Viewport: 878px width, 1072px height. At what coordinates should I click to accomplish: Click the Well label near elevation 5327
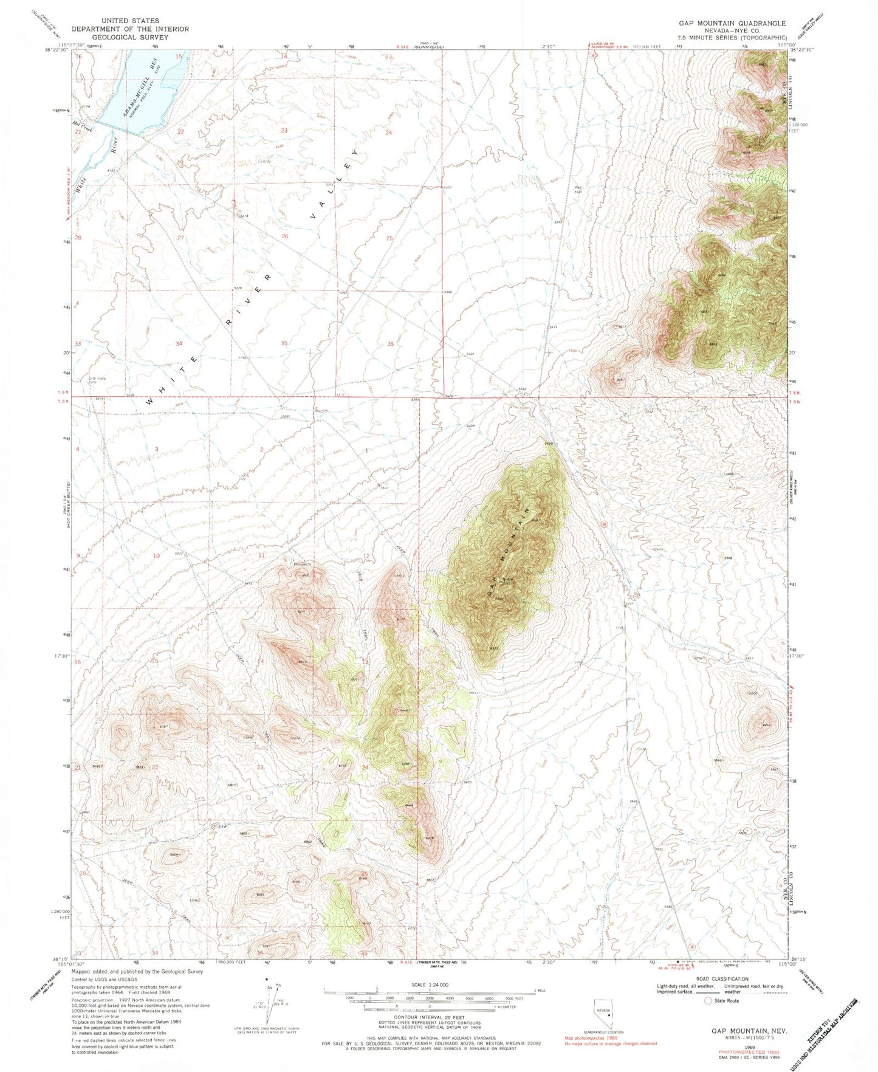pyautogui.click(x=579, y=187)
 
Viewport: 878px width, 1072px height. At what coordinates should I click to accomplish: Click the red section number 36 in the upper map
pyautogui.click(x=390, y=344)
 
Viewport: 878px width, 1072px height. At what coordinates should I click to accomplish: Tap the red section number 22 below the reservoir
pyautogui.click(x=180, y=132)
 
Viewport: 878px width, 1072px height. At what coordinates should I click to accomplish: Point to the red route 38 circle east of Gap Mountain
pyautogui.click(x=603, y=524)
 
